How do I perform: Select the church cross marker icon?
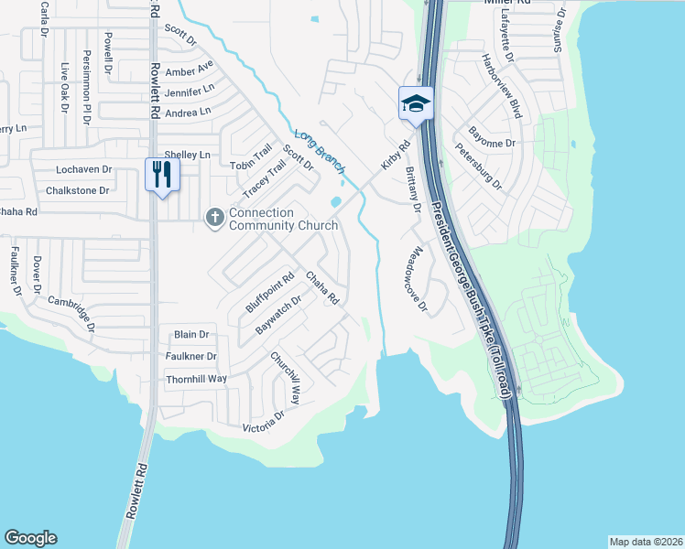point(214,218)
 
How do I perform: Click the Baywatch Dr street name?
point(279,314)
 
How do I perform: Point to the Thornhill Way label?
point(196,379)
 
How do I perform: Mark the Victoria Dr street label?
point(264,421)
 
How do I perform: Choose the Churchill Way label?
point(285,378)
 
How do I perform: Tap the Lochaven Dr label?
point(83,170)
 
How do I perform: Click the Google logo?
point(30,538)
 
